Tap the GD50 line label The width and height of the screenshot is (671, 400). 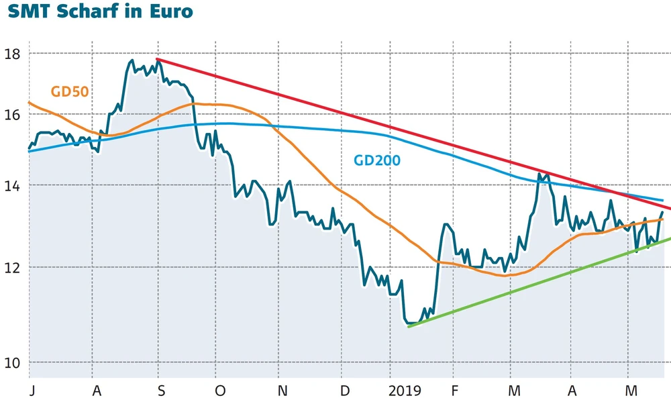(70, 92)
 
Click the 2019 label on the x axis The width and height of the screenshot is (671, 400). (405, 390)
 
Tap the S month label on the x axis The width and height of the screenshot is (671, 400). (160, 390)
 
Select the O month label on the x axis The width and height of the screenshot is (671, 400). (220, 390)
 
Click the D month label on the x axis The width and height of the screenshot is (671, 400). (344, 390)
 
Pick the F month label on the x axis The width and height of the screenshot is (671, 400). (454, 390)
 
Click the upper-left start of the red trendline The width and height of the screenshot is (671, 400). (157, 59)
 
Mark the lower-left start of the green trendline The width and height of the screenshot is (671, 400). (409, 326)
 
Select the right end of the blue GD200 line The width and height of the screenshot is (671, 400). (663, 200)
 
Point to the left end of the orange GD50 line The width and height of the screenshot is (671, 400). (28, 103)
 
